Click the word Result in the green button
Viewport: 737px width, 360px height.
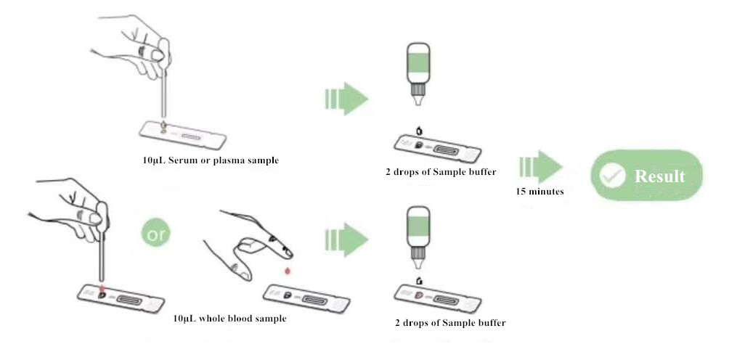[x=659, y=176]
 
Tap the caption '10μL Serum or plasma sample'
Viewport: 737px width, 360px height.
[x=211, y=160]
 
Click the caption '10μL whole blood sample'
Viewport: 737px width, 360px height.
[x=229, y=318]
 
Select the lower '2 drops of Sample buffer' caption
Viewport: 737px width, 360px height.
[x=450, y=322]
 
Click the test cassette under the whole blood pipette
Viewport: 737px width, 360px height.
[x=121, y=298]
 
